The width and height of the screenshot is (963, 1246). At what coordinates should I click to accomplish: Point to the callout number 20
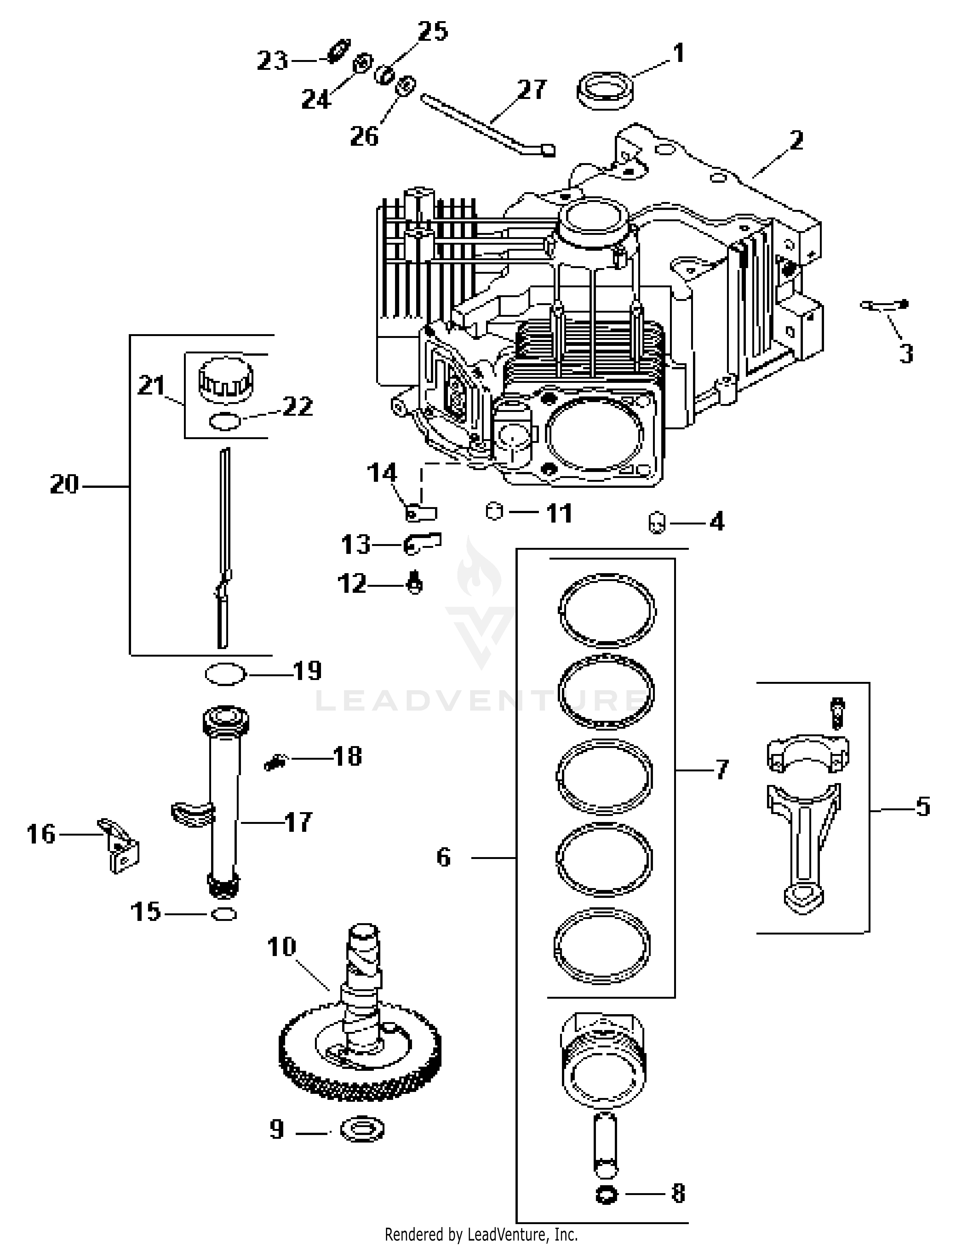(x=64, y=484)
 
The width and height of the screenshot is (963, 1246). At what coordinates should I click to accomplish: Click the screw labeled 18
(x=275, y=762)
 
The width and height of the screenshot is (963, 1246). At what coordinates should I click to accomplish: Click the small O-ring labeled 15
(x=224, y=914)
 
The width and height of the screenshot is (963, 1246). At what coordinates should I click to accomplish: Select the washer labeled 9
(x=362, y=1129)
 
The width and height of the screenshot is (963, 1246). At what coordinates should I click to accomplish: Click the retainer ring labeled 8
(x=605, y=1194)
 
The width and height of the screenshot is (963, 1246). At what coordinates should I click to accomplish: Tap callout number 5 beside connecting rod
(x=923, y=807)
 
